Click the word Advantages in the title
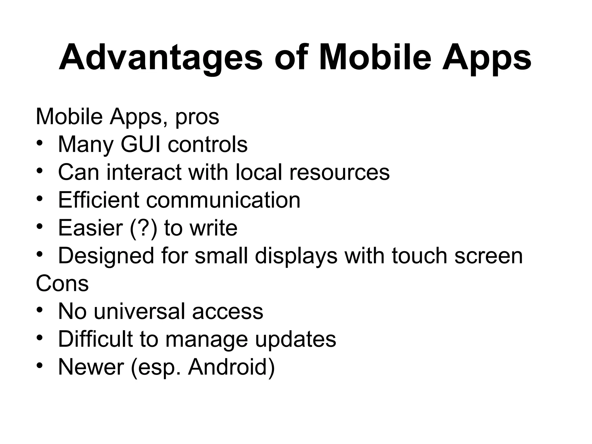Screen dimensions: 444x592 point(160,58)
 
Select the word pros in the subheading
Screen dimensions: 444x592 point(197,118)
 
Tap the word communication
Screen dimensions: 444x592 point(223,200)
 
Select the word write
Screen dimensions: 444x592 point(213,228)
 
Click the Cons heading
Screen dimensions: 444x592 point(62,283)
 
